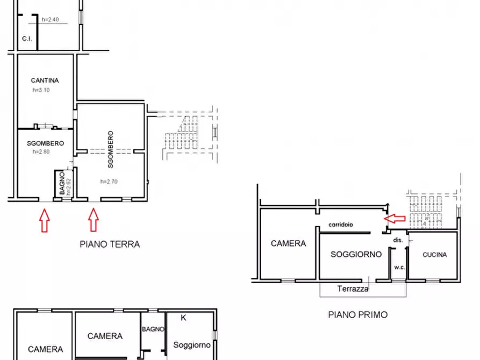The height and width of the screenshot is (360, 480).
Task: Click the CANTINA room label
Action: pyautogui.click(x=45, y=81)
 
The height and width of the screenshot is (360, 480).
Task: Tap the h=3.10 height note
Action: pyautogui.click(x=41, y=90)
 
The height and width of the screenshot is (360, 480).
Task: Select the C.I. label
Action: pyautogui.click(x=27, y=39)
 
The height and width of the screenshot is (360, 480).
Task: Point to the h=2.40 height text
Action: pyautogui.click(x=50, y=20)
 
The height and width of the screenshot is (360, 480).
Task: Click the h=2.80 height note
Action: pyautogui.click(x=41, y=152)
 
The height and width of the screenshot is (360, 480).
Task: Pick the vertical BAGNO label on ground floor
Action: pyautogui.click(x=62, y=183)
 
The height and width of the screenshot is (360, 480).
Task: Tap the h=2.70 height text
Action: pyautogui.click(x=109, y=182)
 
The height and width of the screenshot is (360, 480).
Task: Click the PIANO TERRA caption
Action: pyautogui.click(x=110, y=244)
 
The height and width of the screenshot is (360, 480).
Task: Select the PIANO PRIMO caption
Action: pyautogui.click(x=357, y=315)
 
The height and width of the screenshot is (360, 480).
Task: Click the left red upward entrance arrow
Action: pyautogui.click(x=45, y=220)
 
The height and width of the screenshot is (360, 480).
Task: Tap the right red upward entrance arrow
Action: pyautogui.click(x=94, y=220)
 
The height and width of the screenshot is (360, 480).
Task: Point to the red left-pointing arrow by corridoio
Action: pyautogui.click(x=395, y=218)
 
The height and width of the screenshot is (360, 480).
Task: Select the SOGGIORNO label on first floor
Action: pyautogui.click(x=356, y=254)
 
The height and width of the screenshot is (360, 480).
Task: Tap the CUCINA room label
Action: pyautogui.click(x=434, y=255)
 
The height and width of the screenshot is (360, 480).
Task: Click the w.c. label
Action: pyautogui.click(x=399, y=267)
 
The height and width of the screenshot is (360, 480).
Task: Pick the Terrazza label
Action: pyautogui.click(x=353, y=289)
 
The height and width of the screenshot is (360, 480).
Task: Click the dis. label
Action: pyautogui.click(x=398, y=240)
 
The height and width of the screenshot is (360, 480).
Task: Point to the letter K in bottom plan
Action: pyautogui.click(x=183, y=318)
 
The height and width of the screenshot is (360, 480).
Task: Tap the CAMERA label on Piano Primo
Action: pyautogui.click(x=288, y=243)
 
